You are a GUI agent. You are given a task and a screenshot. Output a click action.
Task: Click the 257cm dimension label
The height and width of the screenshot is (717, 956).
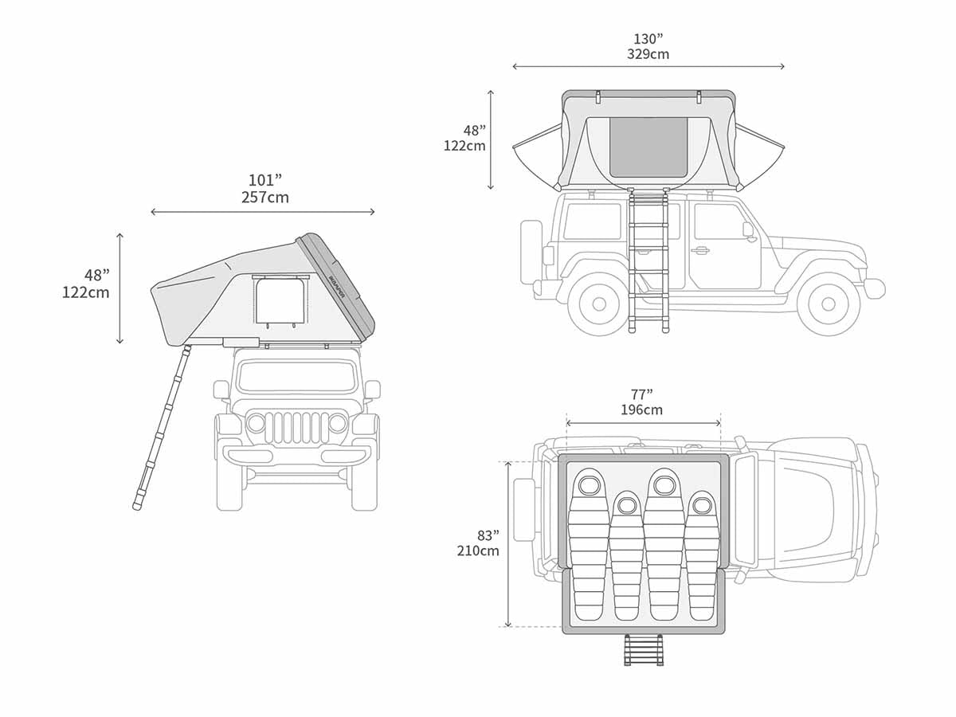click(264, 198)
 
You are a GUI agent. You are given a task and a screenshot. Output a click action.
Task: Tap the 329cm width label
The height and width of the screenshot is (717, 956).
click(648, 55)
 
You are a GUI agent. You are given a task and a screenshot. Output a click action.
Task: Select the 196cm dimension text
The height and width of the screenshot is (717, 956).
click(641, 410)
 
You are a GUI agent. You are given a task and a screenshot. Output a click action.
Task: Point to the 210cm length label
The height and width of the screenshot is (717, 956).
click(478, 550)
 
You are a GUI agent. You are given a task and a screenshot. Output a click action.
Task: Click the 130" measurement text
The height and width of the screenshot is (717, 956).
click(648, 39)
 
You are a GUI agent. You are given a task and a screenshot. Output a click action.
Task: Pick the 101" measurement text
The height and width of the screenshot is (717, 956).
click(264, 180)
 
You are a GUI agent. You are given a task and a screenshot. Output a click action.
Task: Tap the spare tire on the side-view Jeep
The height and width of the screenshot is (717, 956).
click(531, 251)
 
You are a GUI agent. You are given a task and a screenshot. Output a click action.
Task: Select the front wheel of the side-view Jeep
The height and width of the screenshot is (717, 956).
click(828, 304)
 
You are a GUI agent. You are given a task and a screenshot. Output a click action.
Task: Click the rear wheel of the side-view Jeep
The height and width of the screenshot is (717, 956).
click(599, 304)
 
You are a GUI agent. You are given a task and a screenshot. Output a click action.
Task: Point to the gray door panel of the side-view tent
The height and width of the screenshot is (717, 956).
click(648, 147)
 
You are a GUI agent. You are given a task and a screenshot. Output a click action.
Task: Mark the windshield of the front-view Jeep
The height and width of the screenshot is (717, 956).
click(296, 376)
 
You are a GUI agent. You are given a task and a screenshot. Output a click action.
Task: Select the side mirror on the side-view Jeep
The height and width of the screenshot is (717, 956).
click(748, 229)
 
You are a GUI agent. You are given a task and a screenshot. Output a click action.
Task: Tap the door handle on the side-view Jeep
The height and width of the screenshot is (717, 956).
click(700, 250)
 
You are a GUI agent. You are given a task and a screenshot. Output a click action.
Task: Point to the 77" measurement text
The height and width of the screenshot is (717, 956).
click(641, 394)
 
